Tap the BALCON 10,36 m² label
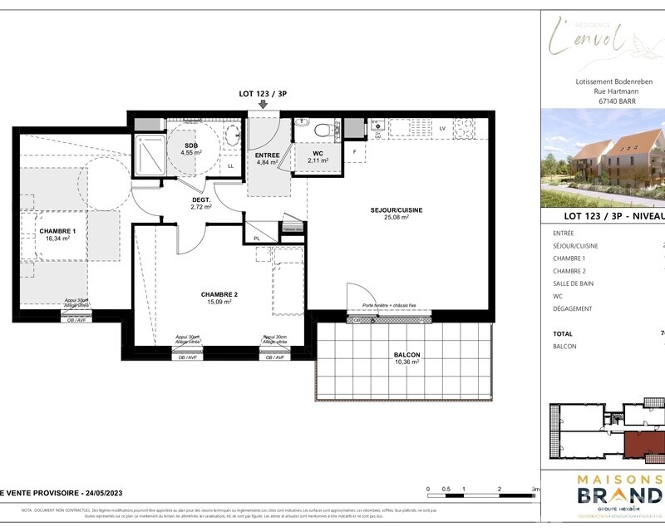pyautogui.click(x=407, y=358)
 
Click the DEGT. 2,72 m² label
pyautogui.click(x=201, y=203)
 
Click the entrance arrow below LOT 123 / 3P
pyautogui.click(x=264, y=104)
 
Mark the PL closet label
pyautogui.click(x=257, y=239)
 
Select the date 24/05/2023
pyautogui.click(x=97, y=492)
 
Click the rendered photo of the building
pyautogui.click(x=603, y=158)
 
